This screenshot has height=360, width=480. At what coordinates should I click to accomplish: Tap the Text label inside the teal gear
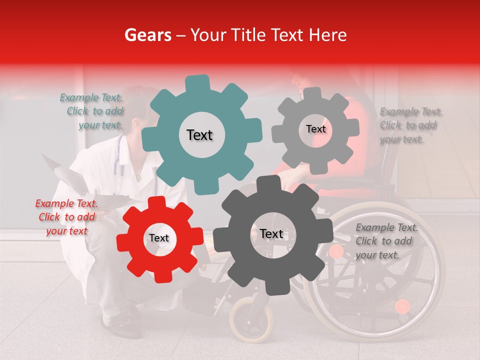click(x=199, y=135)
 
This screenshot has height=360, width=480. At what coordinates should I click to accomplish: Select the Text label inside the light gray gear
click(x=315, y=129)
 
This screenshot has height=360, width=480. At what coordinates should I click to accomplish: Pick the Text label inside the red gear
click(x=158, y=238)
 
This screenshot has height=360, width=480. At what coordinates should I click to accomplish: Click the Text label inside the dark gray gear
click(x=271, y=234)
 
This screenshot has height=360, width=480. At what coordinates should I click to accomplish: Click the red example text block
click(x=66, y=217)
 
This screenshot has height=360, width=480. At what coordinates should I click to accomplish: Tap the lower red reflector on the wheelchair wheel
click(x=402, y=306)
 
